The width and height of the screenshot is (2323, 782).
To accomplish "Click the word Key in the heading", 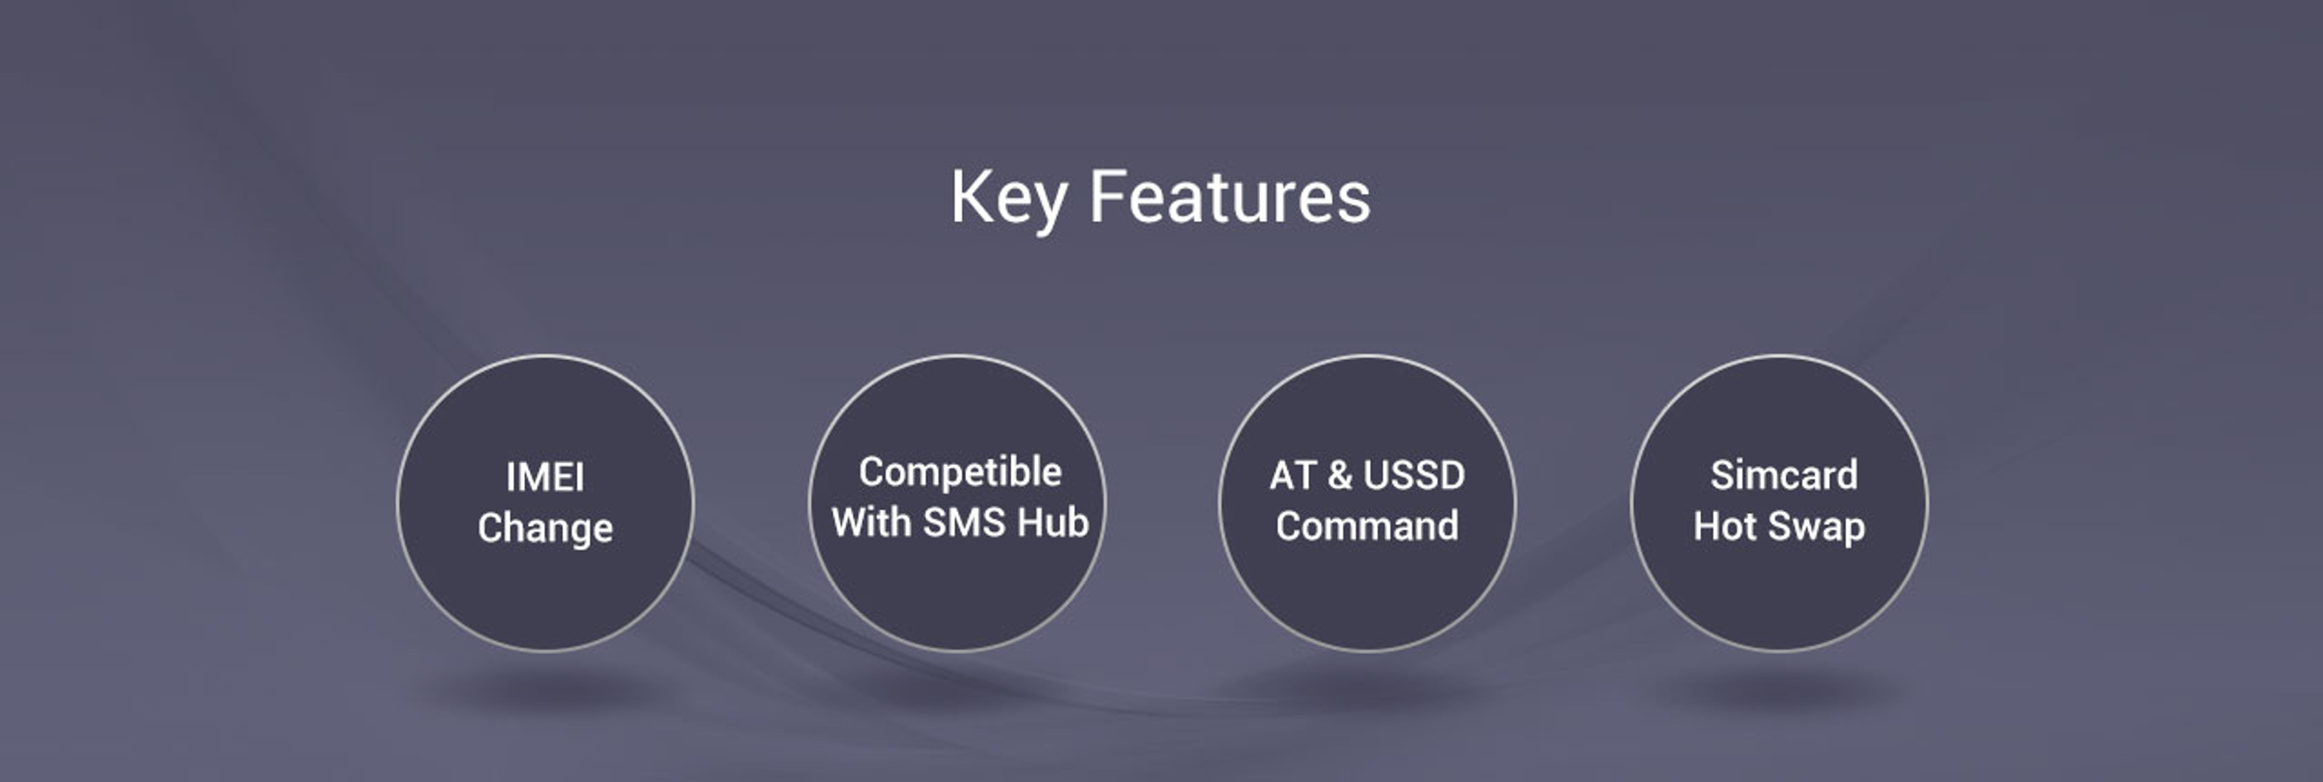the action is tap(1008, 198).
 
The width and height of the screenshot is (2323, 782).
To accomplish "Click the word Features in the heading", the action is tap(1230, 197).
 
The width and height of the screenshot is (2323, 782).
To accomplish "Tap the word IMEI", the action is tap(545, 477).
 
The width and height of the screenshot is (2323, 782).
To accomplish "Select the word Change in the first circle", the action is tap(545, 528).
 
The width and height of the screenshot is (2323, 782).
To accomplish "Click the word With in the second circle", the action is tap(871, 522).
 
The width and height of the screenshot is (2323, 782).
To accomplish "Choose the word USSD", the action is tap(1415, 475).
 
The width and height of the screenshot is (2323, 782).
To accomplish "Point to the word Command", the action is tap(1367, 526).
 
